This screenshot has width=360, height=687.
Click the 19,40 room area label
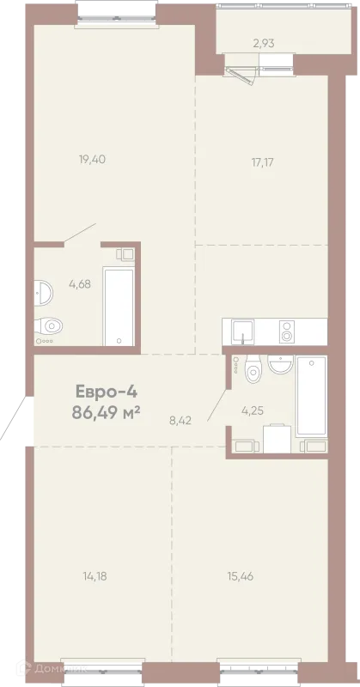(x=92, y=160)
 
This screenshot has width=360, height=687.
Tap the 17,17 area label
(x=262, y=162)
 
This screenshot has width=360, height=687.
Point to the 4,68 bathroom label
(x=80, y=284)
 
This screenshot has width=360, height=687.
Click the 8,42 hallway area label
(x=181, y=422)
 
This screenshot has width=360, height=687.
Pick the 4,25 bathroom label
(x=253, y=410)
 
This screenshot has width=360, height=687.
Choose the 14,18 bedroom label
(x=95, y=576)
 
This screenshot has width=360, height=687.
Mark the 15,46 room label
(x=241, y=576)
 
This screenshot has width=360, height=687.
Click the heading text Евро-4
(x=107, y=391)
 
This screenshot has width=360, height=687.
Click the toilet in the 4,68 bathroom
(x=49, y=326)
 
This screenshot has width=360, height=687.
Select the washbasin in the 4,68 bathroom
(x=44, y=293)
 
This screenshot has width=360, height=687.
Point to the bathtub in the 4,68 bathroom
(x=119, y=307)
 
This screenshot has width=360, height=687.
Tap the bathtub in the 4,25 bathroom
(x=311, y=396)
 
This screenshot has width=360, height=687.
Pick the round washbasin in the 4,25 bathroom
(x=280, y=364)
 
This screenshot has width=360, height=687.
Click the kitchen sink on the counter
(x=243, y=331)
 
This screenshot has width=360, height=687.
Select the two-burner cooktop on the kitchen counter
(x=287, y=331)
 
